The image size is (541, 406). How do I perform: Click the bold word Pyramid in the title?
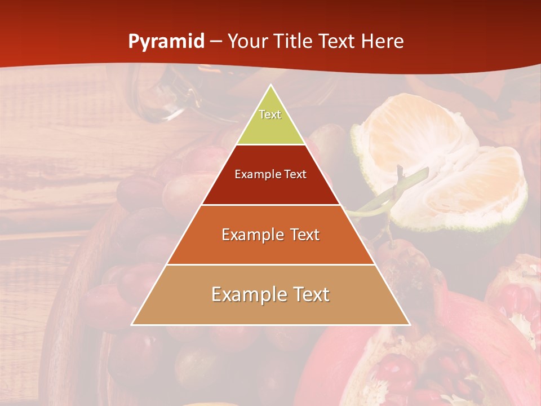click(x=166, y=42)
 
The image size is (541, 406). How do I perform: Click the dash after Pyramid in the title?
click(x=216, y=42)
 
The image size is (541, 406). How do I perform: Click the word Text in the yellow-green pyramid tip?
click(x=270, y=114)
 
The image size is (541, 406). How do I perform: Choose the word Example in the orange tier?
click(x=251, y=235)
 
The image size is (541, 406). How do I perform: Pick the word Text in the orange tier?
click(x=302, y=235)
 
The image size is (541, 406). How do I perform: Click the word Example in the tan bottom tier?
click(x=247, y=294)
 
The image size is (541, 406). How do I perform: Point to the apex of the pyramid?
click(x=270, y=85)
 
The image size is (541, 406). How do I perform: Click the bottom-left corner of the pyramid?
click(x=132, y=325)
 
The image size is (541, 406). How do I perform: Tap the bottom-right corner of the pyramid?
click(x=410, y=325)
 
